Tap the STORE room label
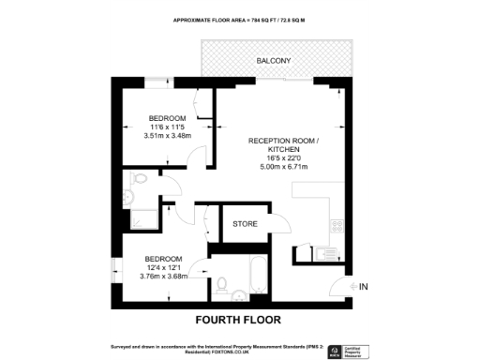[246, 224]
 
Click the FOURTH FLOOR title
[239, 320]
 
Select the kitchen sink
[324, 252]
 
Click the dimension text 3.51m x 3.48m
[168, 136]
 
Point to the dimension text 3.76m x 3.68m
[165, 276]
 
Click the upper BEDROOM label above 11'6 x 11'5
[168, 118]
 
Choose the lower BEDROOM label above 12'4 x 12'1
[165, 258]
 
